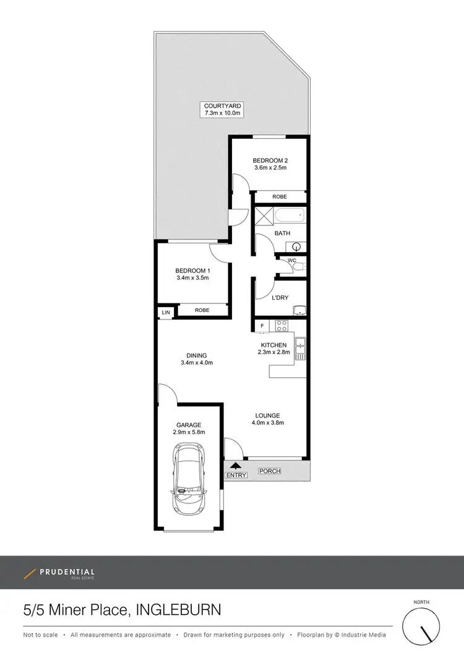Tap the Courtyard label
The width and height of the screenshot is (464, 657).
pos(223,107)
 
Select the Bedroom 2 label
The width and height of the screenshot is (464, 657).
pos(270,160)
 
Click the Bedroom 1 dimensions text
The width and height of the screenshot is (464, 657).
pos(192,278)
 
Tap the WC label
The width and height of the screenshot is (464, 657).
pos(292,261)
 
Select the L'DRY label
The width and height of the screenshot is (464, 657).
pos(280,298)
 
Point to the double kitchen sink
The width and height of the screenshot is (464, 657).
pos(301,347)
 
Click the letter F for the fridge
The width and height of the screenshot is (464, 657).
pos(262,326)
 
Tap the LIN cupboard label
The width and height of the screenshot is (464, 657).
pos(166,313)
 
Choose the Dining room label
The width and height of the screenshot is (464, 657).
pos(197,355)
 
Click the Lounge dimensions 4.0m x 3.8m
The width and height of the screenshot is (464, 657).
pos(267,423)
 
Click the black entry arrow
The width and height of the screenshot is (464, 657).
pos(235,466)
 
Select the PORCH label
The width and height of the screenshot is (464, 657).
pos(270,471)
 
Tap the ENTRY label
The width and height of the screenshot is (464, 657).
pos(236,476)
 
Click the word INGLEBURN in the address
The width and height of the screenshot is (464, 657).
pos(179,611)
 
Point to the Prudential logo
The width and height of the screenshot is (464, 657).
pos(59,573)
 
